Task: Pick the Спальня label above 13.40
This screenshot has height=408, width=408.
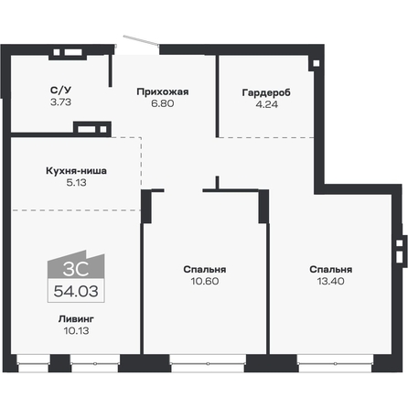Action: [x=330, y=270]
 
